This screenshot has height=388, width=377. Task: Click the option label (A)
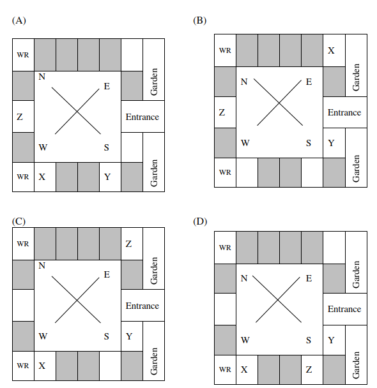[x=19, y=20]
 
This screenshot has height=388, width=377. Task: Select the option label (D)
[x=200, y=221]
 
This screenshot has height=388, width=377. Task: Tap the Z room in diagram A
[x=23, y=117]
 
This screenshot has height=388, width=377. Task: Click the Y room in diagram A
[x=111, y=177]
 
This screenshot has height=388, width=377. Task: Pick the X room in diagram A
[x=45, y=177]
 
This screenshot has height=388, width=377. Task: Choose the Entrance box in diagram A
[x=142, y=117]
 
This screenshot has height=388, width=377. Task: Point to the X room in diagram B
[x=334, y=50]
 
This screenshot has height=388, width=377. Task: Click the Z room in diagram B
[x=225, y=112]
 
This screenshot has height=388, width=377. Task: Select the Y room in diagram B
[x=334, y=143]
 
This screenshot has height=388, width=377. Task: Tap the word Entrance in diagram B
[x=344, y=112]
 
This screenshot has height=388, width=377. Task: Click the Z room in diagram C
[x=132, y=244]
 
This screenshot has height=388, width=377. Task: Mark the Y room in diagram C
[x=132, y=336]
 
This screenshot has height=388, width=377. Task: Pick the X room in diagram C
[x=45, y=366]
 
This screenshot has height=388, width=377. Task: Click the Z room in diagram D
[x=312, y=369]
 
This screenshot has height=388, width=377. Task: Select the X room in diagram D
[x=247, y=369]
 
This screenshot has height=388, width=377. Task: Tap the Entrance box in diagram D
[x=345, y=309]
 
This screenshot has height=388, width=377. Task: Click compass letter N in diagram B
[x=244, y=82]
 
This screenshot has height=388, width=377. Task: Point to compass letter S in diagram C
[x=107, y=336]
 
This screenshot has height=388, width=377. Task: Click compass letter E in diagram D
[x=309, y=278]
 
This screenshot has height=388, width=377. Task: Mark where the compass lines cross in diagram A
[x=77, y=112]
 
